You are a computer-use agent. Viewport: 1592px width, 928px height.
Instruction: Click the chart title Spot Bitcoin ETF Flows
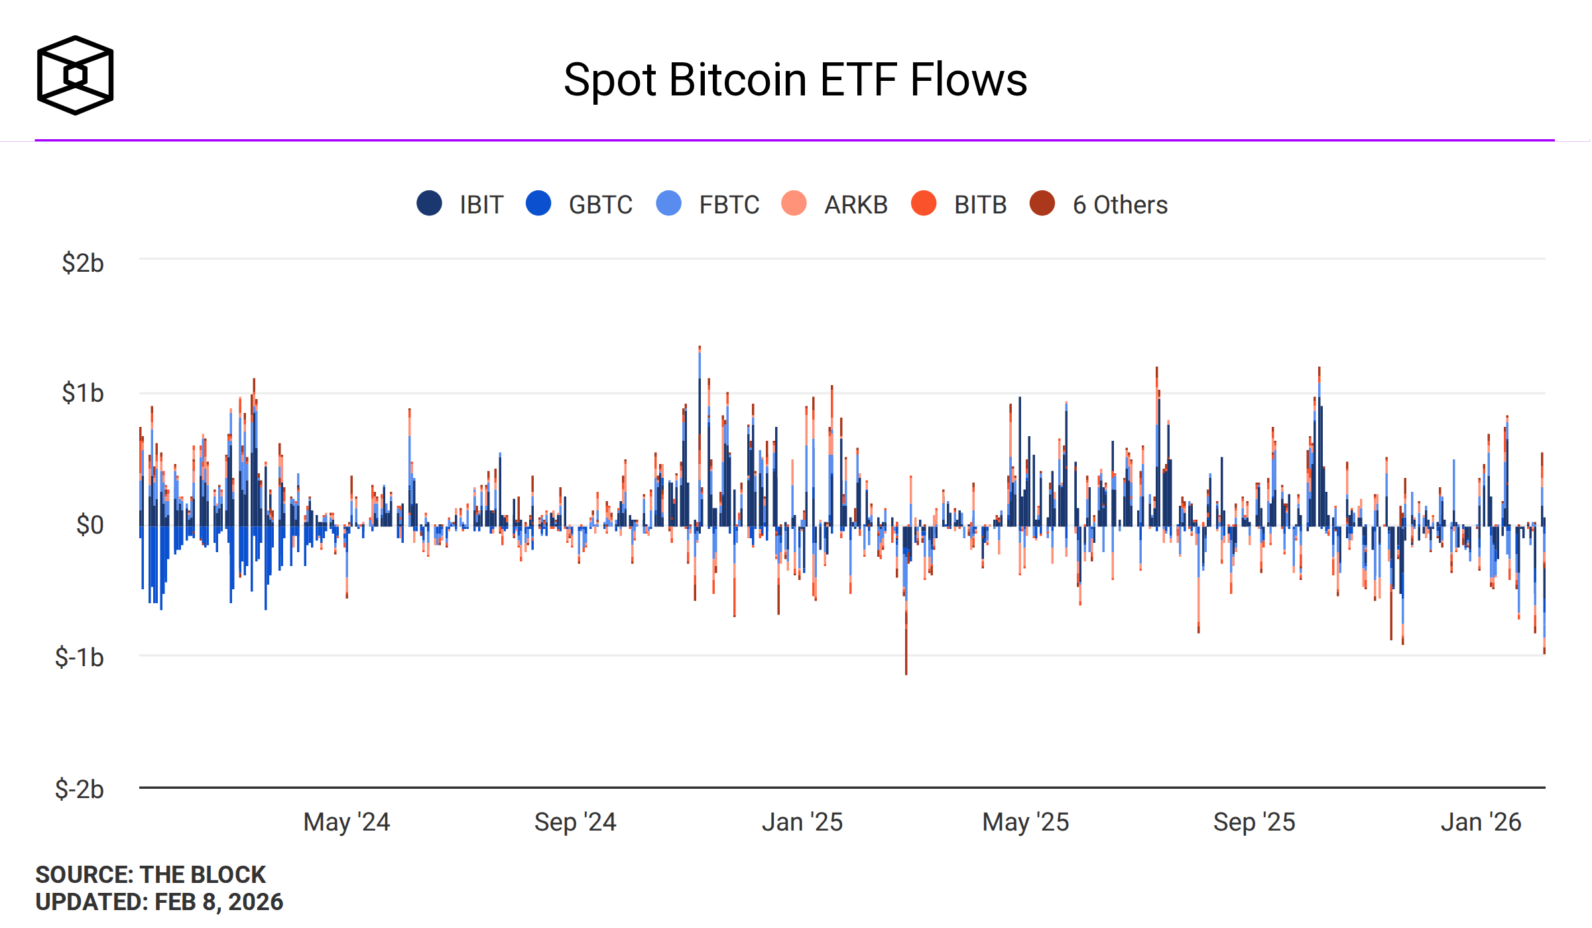pyautogui.click(x=795, y=80)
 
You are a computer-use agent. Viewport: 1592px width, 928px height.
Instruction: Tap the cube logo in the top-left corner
pyautogui.click(x=75, y=75)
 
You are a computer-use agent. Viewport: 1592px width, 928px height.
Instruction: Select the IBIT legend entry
pyautogui.click(x=481, y=205)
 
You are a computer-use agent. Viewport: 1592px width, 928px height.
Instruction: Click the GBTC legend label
pyautogui.click(x=600, y=205)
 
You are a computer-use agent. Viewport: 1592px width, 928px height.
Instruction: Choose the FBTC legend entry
pyautogui.click(x=729, y=205)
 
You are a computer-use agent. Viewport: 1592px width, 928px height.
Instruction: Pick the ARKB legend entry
pyautogui.click(x=855, y=205)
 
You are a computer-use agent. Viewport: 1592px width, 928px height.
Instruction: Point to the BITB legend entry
pyautogui.click(x=980, y=205)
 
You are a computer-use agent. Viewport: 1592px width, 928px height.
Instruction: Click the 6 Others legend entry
pyautogui.click(x=1120, y=205)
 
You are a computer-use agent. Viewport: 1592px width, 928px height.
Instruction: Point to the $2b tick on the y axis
pyautogui.click(x=83, y=263)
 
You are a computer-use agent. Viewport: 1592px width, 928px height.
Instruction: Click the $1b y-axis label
pyautogui.click(x=83, y=393)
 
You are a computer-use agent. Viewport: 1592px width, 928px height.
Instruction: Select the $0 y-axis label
pyautogui.click(x=90, y=525)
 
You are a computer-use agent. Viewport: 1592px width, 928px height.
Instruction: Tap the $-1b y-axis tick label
pyautogui.click(x=80, y=658)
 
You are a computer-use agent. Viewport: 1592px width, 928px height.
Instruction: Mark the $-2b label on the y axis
pyautogui.click(x=80, y=789)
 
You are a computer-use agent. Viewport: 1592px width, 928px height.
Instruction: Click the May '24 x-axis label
pyautogui.click(x=347, y=822)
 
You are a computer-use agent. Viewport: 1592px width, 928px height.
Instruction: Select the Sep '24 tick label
pyautogui.click(x=576, y=822)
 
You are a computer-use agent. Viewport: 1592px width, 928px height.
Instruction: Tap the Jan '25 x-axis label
pyautogui.click(x=802, y=822)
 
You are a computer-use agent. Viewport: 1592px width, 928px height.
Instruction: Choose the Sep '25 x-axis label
pyautogui.click(x=1255, y=822)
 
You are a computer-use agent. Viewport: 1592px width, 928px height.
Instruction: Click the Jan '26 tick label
pyautogui.click(x=1481, y=822)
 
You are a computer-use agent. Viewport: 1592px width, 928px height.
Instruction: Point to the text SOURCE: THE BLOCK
pyautogui.click(x=151, y=875)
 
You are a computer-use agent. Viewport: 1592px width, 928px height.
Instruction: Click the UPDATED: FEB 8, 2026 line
pyautogui.click(x=159, y=902)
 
